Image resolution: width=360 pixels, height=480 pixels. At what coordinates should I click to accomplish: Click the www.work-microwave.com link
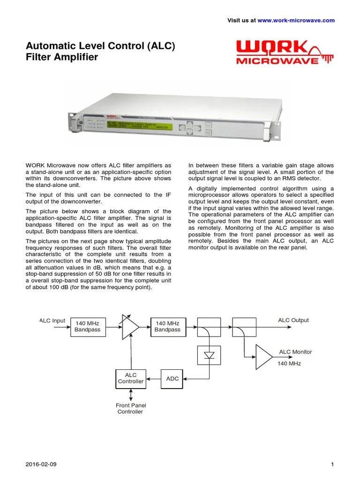point(296,20)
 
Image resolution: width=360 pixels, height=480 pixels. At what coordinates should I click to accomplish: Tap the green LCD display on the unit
point(139,126)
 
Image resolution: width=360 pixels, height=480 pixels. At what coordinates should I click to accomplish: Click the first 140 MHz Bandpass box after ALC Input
point(88,327)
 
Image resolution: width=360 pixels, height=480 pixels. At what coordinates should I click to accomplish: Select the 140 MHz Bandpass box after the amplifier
point(167,327)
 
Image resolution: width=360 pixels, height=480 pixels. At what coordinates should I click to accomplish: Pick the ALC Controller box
point(130,378)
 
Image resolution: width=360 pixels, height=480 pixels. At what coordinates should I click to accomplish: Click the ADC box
point(172,378)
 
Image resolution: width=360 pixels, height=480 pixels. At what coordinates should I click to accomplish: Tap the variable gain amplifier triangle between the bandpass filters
point(129,327)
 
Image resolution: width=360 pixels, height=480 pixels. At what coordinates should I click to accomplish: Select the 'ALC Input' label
point(52,321)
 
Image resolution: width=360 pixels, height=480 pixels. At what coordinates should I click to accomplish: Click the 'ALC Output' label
point(293,320)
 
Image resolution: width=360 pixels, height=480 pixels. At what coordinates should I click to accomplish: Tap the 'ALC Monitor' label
point(295,352)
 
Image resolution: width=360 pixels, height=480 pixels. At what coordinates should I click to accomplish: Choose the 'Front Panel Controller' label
point(130,408)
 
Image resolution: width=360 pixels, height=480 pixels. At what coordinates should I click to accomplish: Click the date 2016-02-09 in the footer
point(41,465)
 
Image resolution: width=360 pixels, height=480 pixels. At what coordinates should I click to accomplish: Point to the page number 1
point(332,465)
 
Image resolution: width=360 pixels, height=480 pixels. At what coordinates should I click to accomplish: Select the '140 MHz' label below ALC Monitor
point(289,363)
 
